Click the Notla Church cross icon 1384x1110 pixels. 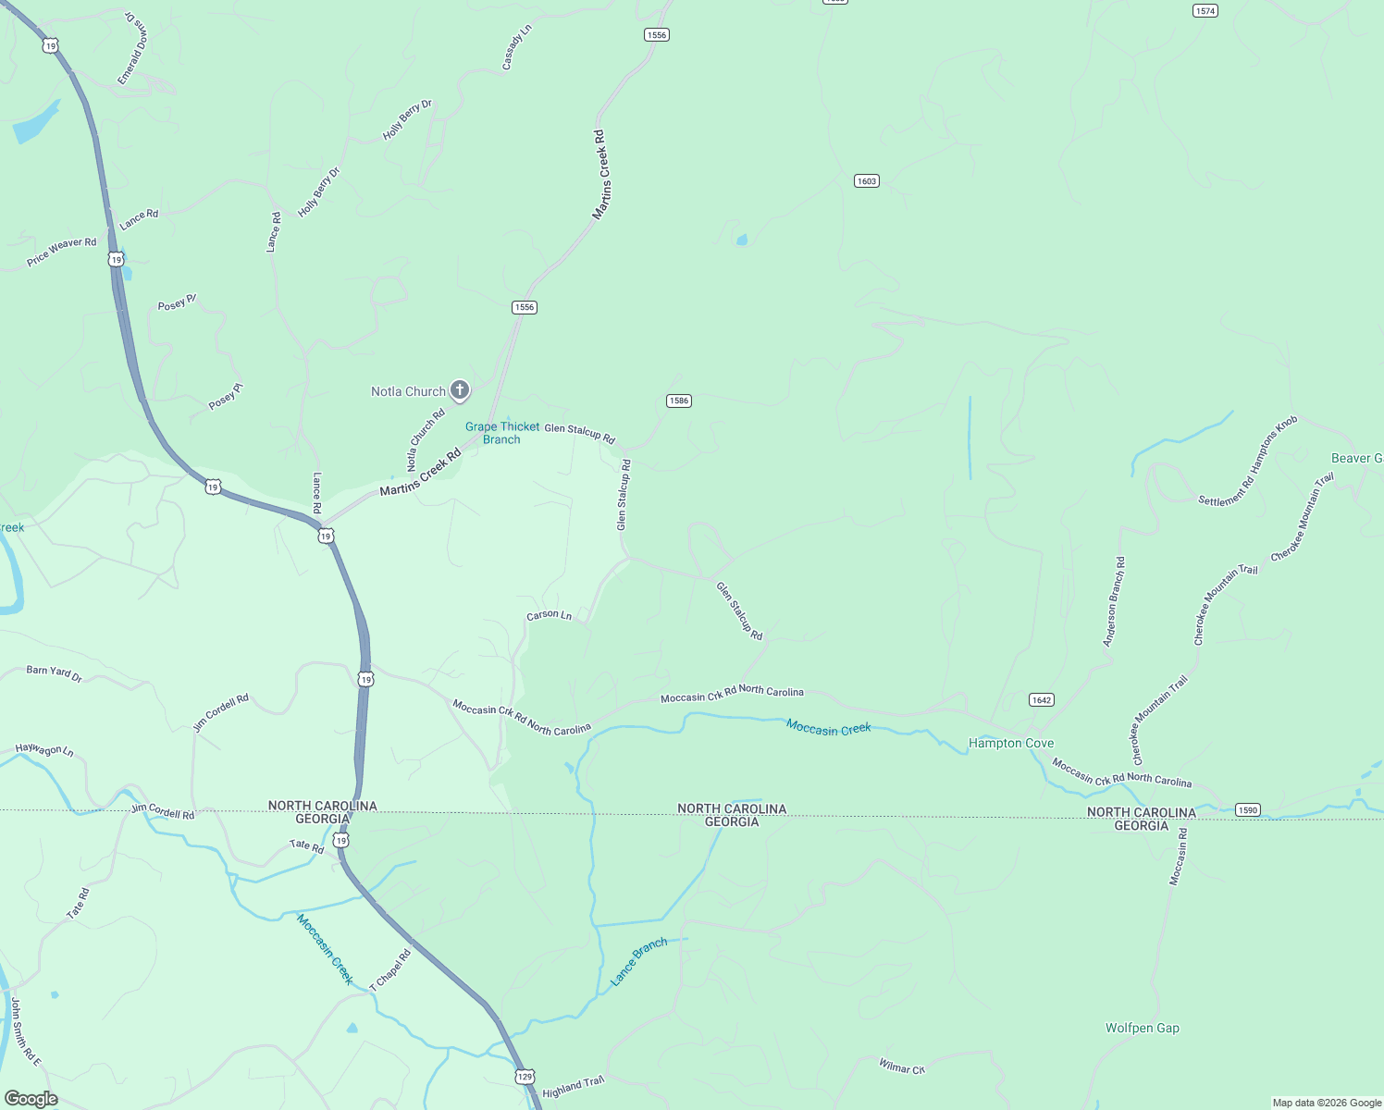[460, 389]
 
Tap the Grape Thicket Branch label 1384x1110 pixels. [502, 433]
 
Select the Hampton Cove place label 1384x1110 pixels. [1010, 743]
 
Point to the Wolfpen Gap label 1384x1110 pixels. [1142, 1028]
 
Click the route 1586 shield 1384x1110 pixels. [679, 401]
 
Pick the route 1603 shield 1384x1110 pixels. [866, 181]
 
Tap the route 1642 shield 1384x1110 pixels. [1042, 700]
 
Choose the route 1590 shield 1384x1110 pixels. [1248, 810]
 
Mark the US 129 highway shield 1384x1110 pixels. [525, 1077]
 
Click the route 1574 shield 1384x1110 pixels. [1205, 11]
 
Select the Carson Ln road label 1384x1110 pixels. [549, 615]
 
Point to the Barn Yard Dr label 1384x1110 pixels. [55, 673]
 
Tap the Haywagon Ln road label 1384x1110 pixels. [44, 750]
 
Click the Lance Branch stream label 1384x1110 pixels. [639, 961]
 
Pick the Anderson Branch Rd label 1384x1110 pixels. [1114, 601]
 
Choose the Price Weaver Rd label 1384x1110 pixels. [61, 252]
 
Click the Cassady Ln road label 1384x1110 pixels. [516, 47]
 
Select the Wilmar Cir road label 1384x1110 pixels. [901, 1067]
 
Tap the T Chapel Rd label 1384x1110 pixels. [389, 970]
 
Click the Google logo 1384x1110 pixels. [31, 1099]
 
